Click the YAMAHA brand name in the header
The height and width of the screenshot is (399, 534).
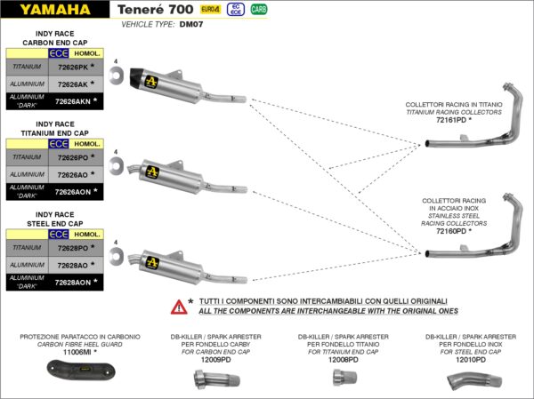[55, 11]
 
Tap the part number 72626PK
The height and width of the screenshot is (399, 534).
[72, 68]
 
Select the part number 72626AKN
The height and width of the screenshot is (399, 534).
[72, 101]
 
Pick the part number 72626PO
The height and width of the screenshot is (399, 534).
[72, 157]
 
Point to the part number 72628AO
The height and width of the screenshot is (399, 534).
[72, 265]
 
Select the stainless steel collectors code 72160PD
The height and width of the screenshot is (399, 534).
[449, 231]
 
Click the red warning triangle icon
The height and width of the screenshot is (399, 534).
[180, 306]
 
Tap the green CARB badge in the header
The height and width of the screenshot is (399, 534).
[258, 10]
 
